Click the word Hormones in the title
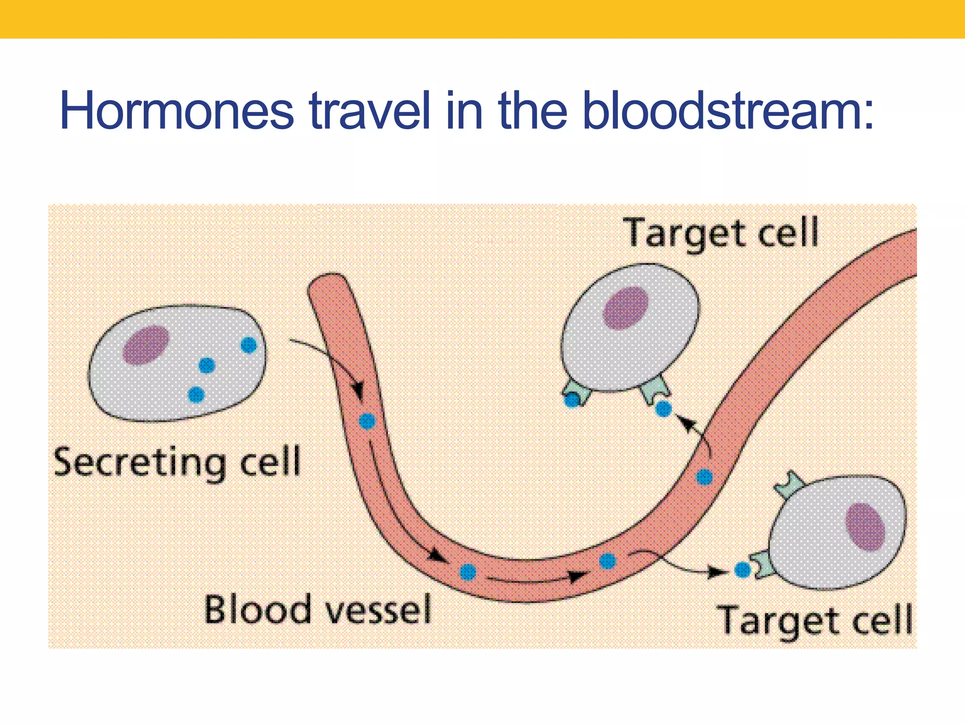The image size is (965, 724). click(x=177, y=111)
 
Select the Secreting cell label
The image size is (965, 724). click(x=177, y=462)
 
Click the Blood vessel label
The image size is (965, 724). click(x=318, y=609)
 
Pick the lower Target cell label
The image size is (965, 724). click(x=815, y=620)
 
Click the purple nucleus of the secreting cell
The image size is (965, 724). click(x=146, y=345)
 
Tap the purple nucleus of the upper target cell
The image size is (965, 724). click(x=626, y=308)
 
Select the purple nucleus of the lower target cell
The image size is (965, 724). click(x=865, y=527)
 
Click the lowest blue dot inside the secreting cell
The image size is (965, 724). click(x=196, y=394)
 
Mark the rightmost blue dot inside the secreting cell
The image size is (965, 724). click(x=248, y=345)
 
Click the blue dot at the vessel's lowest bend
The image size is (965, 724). click(x=468, y=572)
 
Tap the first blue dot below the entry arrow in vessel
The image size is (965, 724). click(x=367, y=421)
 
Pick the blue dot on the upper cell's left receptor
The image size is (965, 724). click(x=572, y=401)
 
